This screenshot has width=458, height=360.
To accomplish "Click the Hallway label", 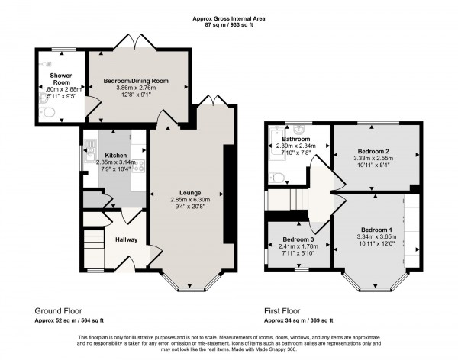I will tap(126, 239).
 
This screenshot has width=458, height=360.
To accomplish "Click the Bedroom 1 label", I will tap(376, 230).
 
